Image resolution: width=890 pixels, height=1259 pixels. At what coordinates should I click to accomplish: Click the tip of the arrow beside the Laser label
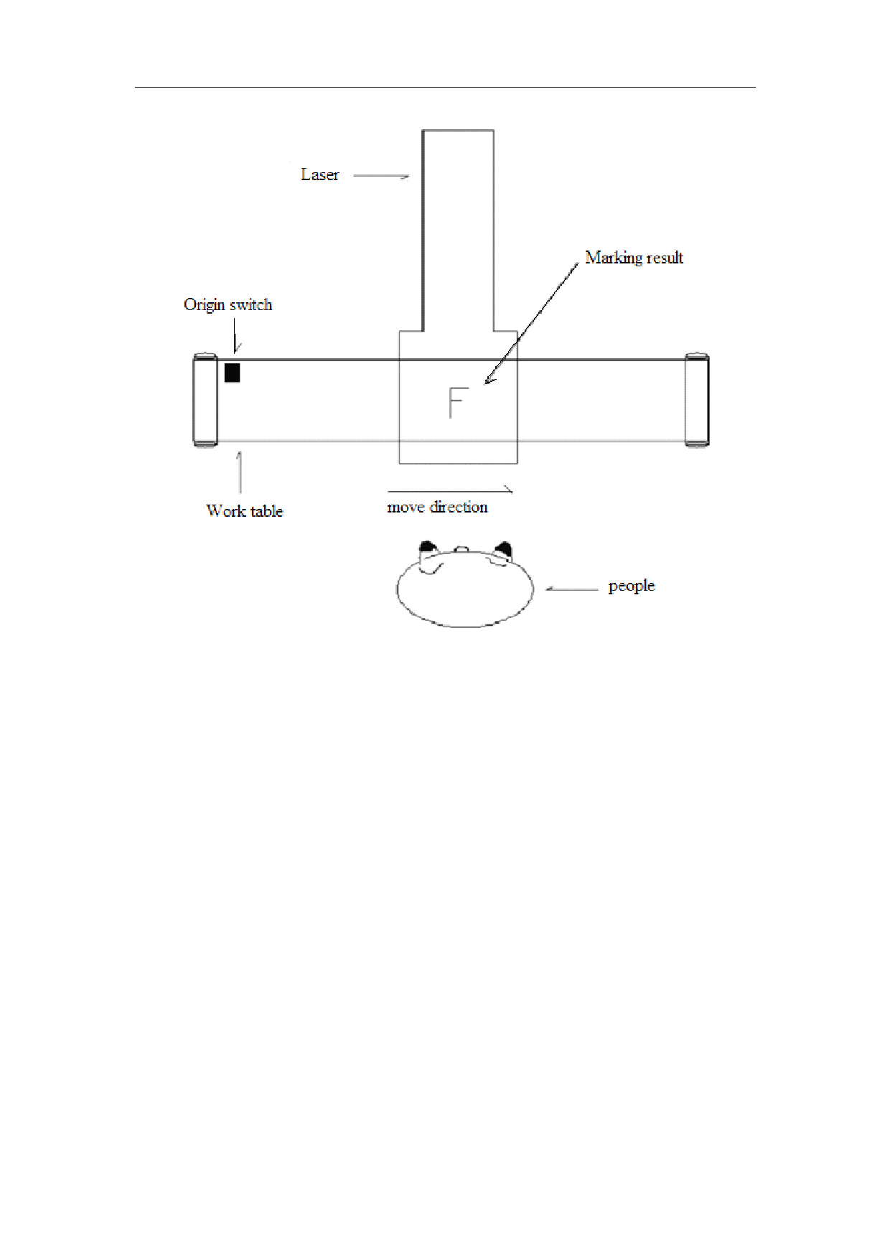(410, 176)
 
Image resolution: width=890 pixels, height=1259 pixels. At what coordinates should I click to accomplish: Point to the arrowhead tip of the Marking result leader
(484, 384)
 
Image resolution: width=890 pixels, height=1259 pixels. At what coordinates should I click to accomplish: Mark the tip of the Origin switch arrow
(235, 353)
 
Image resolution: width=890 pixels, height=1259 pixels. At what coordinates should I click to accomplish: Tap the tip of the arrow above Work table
(240, 451)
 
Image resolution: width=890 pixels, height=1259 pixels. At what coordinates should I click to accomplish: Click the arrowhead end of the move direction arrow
(513, 491)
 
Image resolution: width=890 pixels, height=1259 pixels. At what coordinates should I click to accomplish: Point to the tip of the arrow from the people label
(545, 589)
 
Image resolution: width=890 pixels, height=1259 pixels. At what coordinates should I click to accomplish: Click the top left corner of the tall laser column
(423, 131)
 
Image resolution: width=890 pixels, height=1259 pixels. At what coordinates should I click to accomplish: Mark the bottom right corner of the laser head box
(517, 463)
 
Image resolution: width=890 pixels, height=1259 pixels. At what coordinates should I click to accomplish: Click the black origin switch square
(232, 373)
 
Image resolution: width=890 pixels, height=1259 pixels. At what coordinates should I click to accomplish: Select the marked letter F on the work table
(457, 402)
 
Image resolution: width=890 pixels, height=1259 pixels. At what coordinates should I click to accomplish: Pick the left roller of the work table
(205, 400)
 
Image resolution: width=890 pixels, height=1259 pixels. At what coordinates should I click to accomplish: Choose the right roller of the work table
(697, 400)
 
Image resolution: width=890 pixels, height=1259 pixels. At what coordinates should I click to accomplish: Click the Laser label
(319, 174)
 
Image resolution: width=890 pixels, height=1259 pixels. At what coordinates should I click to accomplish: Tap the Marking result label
(634, 258)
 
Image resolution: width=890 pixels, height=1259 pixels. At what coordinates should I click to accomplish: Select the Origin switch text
(228, 304)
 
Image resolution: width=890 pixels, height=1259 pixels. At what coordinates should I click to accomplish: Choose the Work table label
(245, 510)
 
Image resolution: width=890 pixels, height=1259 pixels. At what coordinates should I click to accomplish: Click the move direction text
(437, 507)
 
